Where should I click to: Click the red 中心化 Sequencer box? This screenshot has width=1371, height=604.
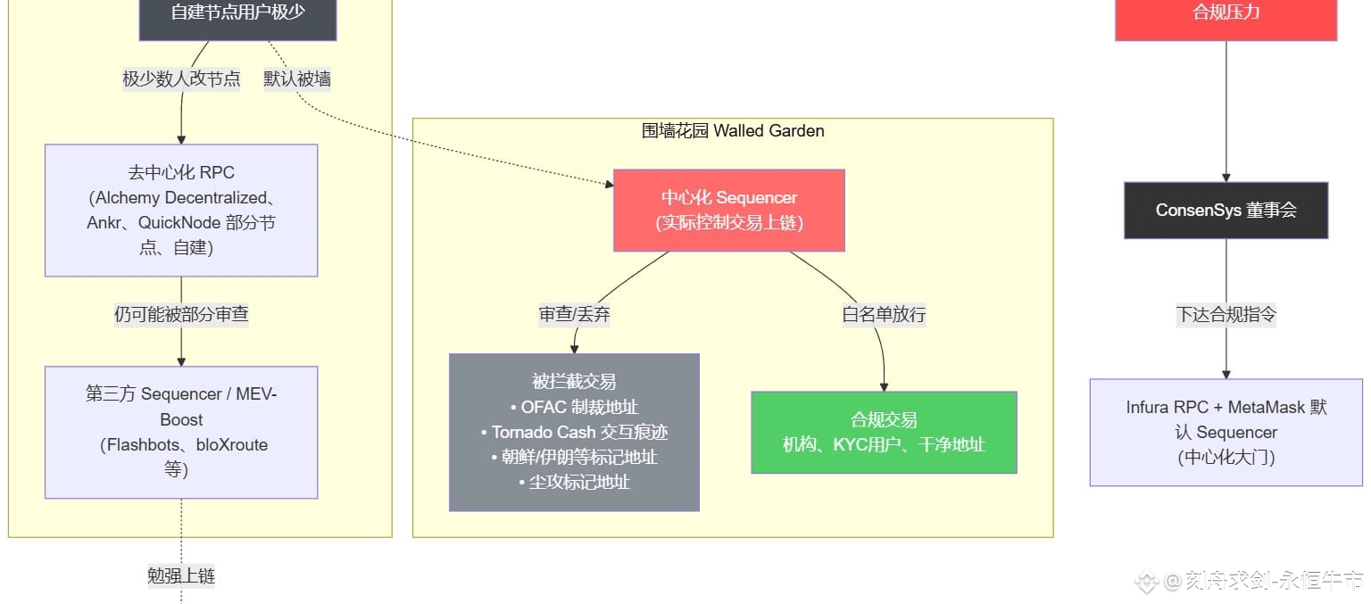coord(728,210)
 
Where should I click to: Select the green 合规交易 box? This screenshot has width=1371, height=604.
coord(884,432)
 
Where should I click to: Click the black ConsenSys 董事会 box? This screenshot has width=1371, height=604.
coord(1226,211)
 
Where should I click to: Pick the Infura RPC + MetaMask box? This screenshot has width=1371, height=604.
coord(1226,432)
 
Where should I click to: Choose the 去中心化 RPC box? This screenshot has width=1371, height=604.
coord(181,210)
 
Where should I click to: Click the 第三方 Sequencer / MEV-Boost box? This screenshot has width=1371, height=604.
coord(181,432)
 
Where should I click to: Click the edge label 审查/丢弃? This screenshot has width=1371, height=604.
coord(574,315)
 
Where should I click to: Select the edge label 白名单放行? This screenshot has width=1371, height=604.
coord(884,315)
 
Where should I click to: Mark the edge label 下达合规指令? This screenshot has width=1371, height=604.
coord(1226,315)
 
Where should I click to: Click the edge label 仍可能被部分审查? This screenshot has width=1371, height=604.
coord(181,315)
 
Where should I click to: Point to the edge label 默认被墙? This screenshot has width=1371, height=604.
coord(297,79)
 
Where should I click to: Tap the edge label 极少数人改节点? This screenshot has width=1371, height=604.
coord(181,79)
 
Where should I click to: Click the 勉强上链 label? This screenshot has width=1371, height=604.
coord(181,576)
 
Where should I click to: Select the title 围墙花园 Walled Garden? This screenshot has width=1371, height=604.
coord(733,131)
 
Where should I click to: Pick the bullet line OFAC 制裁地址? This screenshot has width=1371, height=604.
coord(574,408)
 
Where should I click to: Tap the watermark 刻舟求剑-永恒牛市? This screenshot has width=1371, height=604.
coord(1262,582)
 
